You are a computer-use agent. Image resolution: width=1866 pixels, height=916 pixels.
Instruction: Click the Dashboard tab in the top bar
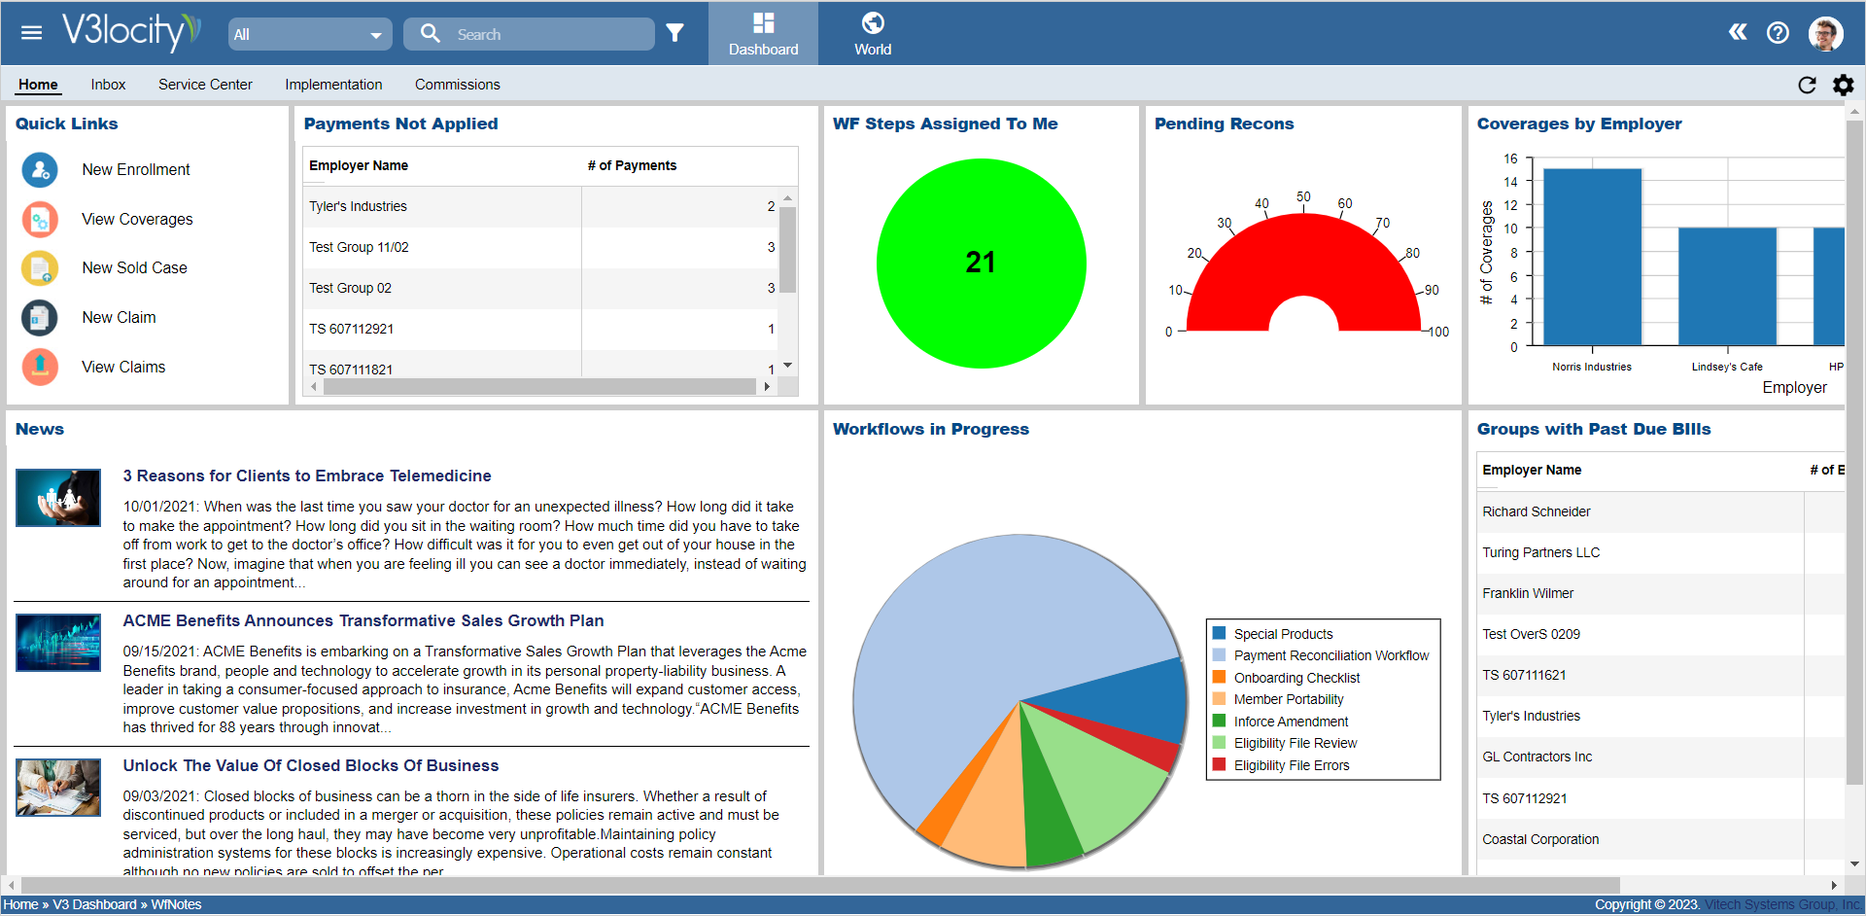pyautogui.click(x=763, y=34)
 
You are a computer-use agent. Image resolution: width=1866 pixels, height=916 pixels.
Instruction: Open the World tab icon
pyautogui.click(x=873, y=23)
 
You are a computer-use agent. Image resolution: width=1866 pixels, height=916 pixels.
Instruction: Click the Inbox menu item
pyautogui.click(x=108, y=85)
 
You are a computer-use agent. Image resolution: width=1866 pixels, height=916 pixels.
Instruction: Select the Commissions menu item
pyautogui.click(x=457, y=85)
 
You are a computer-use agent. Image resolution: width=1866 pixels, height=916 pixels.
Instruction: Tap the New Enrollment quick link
pyautogui.click(x=135, y=169)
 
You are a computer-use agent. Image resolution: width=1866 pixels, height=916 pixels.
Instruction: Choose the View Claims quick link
pyautogui.click(x=123, y=367)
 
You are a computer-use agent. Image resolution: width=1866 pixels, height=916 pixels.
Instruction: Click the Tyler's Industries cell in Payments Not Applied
pyautogui.click(x=358, y=206)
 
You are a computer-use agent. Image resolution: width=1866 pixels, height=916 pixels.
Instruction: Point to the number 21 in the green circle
pyautogui.click(x=981, y=263)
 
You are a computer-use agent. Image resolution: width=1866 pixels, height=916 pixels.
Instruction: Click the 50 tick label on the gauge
pyautogui.click(x=1303, y=196)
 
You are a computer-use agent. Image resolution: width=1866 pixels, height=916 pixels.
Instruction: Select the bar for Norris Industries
pyautogui.click(x=1592, y=257)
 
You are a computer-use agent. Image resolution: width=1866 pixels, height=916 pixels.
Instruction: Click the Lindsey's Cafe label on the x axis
pyautogui.click(x=1726, y=367)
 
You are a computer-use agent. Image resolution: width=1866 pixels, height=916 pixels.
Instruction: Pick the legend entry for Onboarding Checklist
pyautogui.click(x=1296, y=678)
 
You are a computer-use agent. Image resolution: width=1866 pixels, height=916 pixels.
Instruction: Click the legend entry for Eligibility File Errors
pyautogui.click(x=1291, y=765)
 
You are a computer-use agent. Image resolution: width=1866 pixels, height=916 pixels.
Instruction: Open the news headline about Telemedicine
pyautogui.click(x=307, y=476)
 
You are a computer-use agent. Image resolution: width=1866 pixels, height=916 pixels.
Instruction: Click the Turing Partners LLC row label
pyautogui.click(x=1540, y=552)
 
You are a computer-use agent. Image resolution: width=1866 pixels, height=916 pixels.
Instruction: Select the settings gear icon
pyautogui.click(x=1843, y=85)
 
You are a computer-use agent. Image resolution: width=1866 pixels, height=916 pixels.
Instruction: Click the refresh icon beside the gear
pyautogui.click(x=1807, y=85)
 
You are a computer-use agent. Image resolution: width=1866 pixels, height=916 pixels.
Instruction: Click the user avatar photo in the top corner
pyautogui.click(x=1825, y=33)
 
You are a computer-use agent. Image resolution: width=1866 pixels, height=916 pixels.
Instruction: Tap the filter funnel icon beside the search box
pyautogui.click(x=675, y=34)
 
